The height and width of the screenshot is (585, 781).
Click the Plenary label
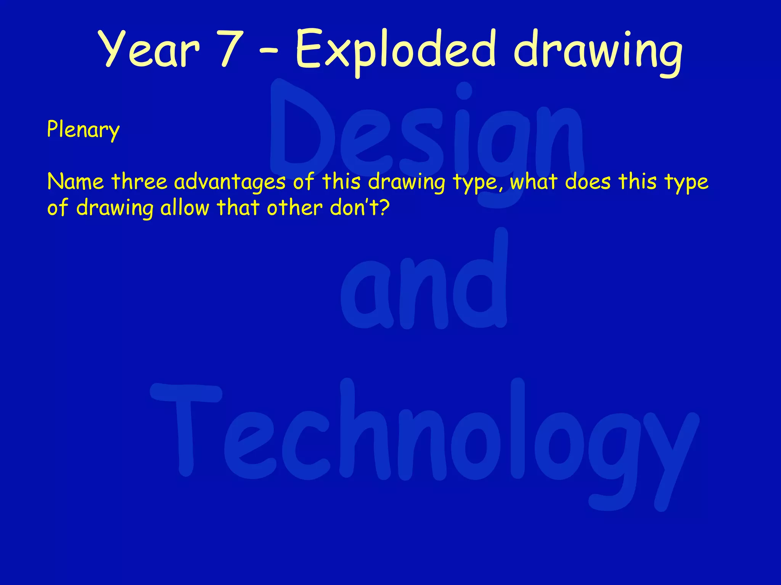click(x=83, y=130)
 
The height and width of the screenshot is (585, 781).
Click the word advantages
click(x=230, y=182)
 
